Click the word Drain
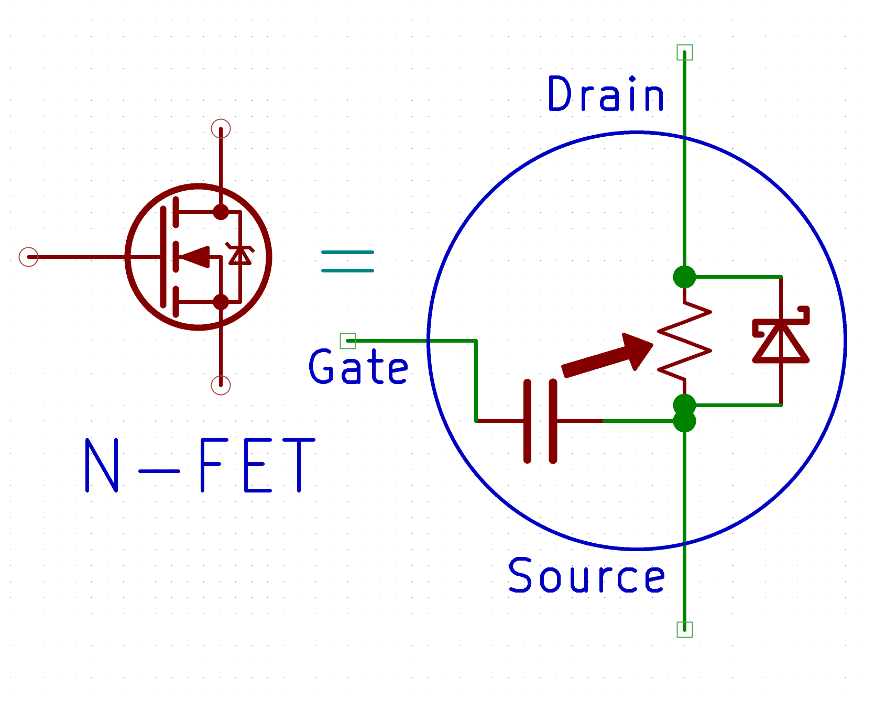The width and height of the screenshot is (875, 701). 606,94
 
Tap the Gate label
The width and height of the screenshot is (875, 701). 358,367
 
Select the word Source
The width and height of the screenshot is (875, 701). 587,575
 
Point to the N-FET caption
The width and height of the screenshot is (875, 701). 200,465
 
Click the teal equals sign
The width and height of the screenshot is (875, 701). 347,261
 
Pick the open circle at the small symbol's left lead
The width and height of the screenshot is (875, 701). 28,257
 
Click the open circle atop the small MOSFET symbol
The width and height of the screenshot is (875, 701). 221,128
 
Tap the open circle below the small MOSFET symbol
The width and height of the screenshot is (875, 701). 221,385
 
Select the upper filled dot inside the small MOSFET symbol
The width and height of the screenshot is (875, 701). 221,212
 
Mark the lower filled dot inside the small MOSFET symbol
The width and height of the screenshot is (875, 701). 221,302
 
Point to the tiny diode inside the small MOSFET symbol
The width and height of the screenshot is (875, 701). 240,254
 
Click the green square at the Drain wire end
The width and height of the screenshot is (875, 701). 684,52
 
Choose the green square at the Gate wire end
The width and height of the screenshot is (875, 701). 348,341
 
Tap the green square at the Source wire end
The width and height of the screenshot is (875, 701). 684,629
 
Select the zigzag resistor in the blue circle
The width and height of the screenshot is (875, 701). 684,341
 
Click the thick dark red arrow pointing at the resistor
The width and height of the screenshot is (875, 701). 608,356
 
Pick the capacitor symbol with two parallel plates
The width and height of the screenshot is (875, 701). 540,421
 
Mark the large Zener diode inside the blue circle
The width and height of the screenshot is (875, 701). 781,338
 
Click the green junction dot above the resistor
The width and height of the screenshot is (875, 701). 684,277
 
